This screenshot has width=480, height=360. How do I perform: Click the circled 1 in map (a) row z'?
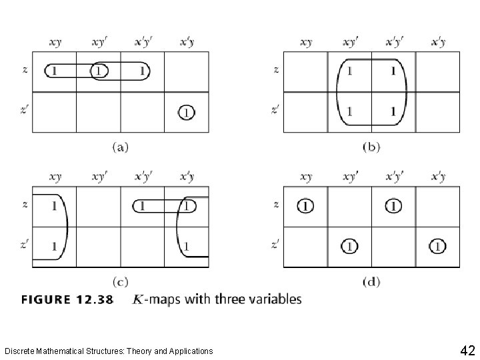186,113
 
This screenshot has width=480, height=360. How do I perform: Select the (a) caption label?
121,147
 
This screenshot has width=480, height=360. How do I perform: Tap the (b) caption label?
371,147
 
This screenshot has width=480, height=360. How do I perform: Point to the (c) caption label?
120,282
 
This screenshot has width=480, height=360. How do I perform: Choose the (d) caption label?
371,282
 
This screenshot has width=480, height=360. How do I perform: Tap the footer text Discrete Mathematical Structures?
109,351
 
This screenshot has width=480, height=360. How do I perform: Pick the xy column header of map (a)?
55,42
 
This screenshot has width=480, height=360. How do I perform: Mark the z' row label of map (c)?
25,246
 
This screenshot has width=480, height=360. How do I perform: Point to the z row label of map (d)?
276,205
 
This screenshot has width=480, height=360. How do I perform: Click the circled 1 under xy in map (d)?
305,205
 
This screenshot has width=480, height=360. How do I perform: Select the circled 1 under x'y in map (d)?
437,247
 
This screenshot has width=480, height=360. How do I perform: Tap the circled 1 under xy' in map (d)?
349,247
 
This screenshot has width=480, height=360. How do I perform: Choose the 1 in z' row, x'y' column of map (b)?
393,111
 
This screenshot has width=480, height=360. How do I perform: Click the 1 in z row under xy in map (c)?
53,205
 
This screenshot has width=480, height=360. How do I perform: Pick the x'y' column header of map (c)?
143,177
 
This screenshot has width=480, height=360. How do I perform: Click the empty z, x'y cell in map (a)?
187,70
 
